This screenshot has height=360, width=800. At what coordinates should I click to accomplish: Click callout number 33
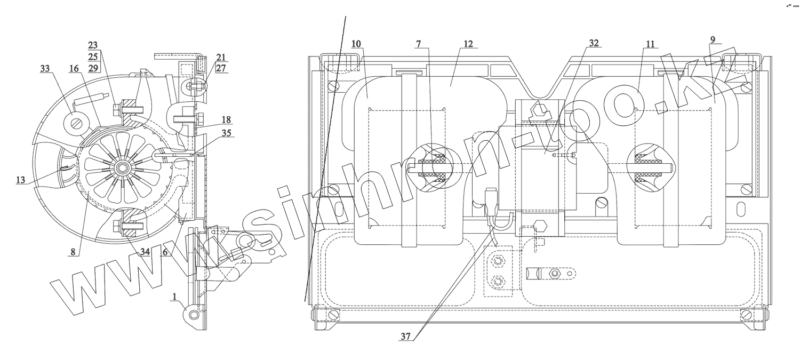(x=45, y=68)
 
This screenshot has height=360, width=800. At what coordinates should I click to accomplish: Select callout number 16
(x=73, y=68)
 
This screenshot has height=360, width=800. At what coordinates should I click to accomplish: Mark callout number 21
(x=221, y=57)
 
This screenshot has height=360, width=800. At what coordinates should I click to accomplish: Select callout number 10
(x=356, y=43)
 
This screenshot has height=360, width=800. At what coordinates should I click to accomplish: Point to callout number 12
(x=468, y=43)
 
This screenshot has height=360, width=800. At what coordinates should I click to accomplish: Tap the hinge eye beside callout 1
(x=194, y=315)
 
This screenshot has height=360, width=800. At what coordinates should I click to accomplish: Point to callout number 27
(x=221, y=69)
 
